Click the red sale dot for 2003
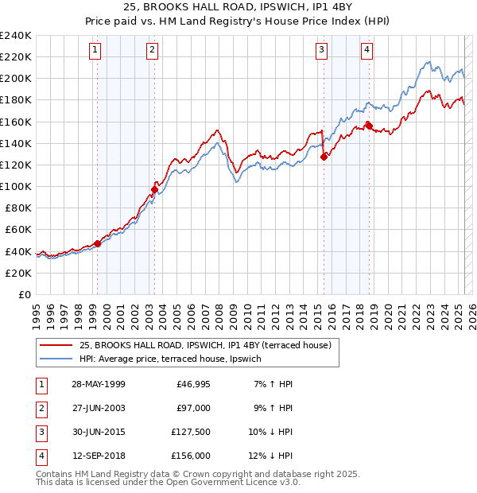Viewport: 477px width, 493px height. pyautogui.click(x=155, y=189)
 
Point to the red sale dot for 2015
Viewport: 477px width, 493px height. pyautogui.click(x=324, y=157)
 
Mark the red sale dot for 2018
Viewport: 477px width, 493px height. pyautogui.click(x=369, y=126)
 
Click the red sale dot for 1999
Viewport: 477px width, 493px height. pyautogui.click(x=97, y=243)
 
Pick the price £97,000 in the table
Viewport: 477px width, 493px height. pyautogui.click(x=193, y=408)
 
